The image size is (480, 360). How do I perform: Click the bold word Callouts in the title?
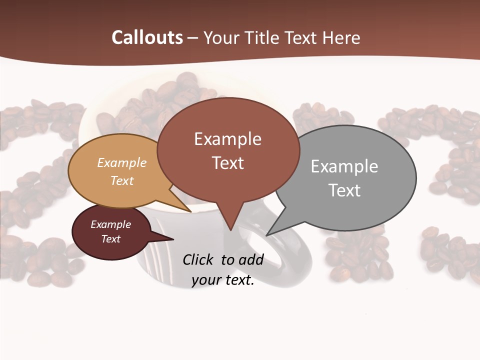tap(147, 37)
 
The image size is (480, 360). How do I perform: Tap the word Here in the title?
tap(341, 37)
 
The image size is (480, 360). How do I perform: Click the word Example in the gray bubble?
tap(344, 166)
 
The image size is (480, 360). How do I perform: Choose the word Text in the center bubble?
tap(228, 163)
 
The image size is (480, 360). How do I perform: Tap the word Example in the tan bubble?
tap(121, 163)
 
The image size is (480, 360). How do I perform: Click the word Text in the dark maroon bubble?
tap(110, 239)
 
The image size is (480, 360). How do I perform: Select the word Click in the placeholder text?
tap(199, 259)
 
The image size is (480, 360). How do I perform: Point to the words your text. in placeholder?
tap(223, 280)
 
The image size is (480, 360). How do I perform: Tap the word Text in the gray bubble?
tap(345, 190)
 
